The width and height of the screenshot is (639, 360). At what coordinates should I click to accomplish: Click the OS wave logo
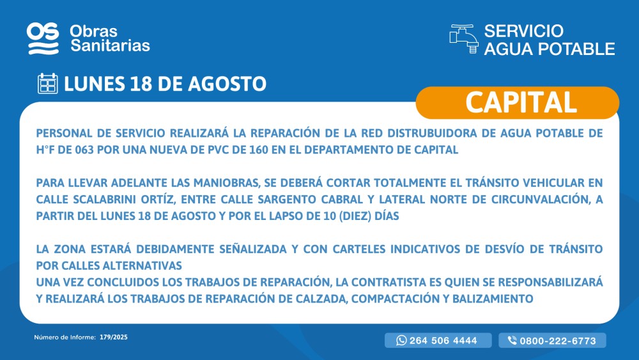click(x=43, y=38)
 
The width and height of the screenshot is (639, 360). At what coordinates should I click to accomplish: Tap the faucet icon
click(x=464, y=39)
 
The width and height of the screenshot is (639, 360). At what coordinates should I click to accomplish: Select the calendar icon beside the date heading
click(x=48, y=84)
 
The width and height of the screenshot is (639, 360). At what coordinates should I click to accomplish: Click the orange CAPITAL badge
click(x=518, y=102)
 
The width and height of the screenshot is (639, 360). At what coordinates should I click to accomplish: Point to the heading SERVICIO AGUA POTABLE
click(x=550, y=40)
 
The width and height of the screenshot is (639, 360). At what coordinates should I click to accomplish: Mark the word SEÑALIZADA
click(x=253, y=249)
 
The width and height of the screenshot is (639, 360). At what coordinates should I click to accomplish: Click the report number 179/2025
click(x=114, y=337)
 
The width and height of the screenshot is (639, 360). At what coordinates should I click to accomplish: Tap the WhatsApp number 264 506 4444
click(x=443, y=341)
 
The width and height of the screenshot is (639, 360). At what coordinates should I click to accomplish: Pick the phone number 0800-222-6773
click(x=558, y=341)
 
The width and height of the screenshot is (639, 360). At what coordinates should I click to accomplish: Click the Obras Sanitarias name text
click(x=110, y=38)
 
